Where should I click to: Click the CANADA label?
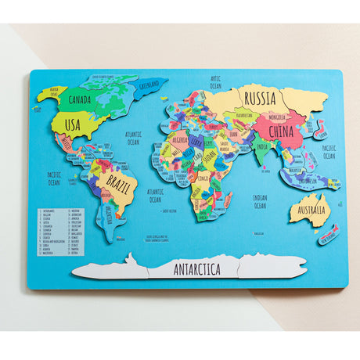coord(80,100)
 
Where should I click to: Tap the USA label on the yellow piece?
coord(73,124)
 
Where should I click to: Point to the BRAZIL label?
coord(117,186)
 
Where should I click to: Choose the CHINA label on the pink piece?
coord(281,131)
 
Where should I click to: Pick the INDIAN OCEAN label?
coord(260,202)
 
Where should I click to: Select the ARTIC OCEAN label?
coord(216,81)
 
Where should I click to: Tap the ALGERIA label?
coord(179,141)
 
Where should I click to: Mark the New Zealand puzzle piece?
coord(329,232)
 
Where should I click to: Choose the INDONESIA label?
coord(307,181)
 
